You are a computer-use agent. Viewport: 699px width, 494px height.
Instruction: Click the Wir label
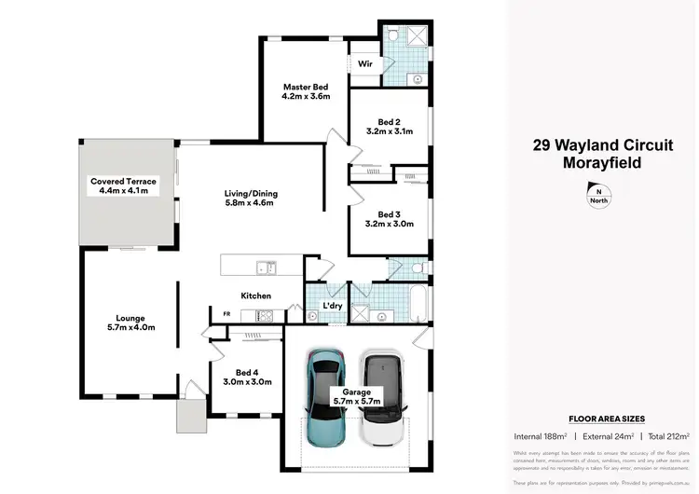pyautogui.click(x=366, y=64)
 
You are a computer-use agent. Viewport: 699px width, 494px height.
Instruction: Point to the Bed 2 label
pyautogui.click(x=390, y=122)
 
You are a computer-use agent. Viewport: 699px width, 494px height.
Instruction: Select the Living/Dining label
pyautogui.click(x=251, y=194)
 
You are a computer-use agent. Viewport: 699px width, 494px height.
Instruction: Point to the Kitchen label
pyautogui.click(x=256, y=295)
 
